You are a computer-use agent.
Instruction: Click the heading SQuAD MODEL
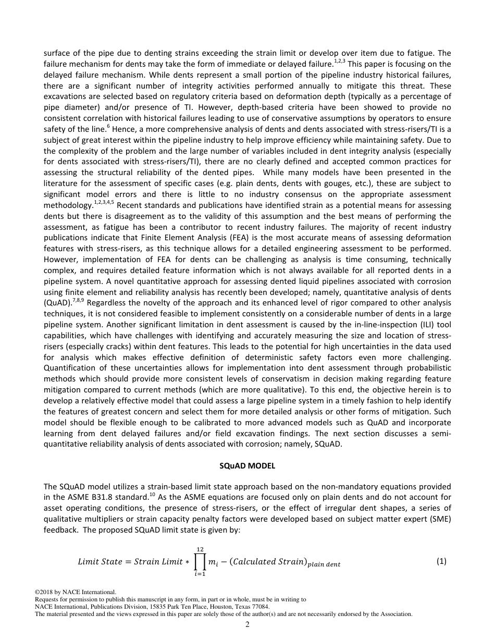point(247,465)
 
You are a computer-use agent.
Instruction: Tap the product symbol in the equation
point(200,562)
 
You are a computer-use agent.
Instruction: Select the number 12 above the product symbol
point(200,548)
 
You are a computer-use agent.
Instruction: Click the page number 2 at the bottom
point(247,625)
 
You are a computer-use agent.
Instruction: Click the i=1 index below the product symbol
point(200,575)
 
